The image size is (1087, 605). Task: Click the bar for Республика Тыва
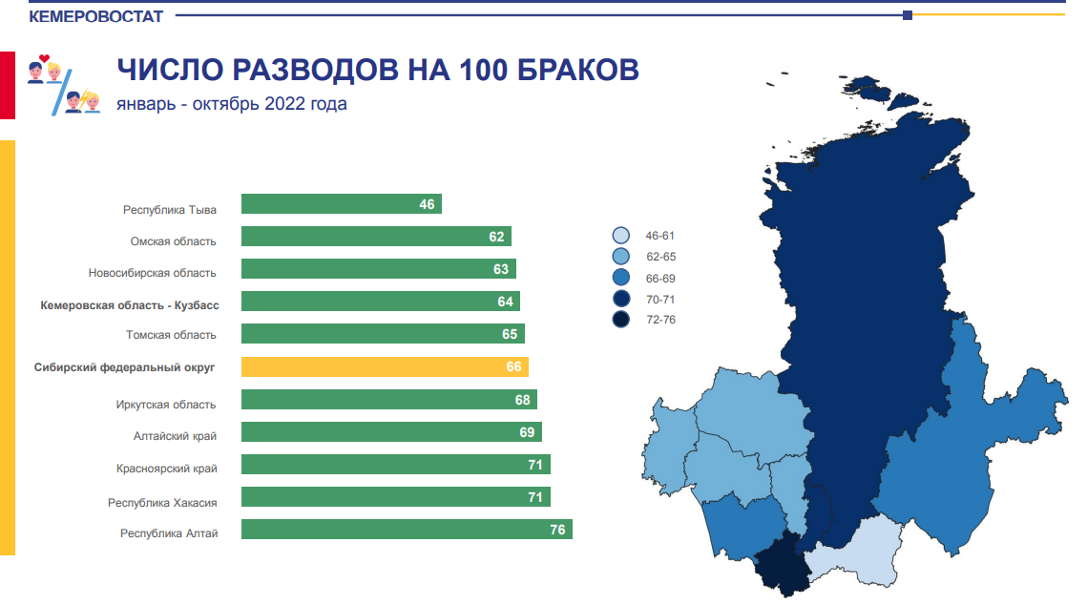point(341,204)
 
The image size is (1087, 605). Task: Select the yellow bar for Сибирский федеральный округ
point(385,366)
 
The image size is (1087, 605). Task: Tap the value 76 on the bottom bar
point(557,530)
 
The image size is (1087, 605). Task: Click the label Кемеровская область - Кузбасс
point(130,305)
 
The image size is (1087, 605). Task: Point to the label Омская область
point(174,241)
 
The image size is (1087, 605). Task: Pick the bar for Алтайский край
point(391,431)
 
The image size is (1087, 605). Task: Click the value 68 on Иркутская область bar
point(522,400)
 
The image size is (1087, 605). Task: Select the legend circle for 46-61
point(621,235)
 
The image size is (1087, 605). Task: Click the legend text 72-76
point(660,320)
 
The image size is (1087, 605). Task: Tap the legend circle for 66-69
point(621,277)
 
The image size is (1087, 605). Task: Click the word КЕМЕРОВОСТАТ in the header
point(95,16)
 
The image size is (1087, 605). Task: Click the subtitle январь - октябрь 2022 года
point(232,104)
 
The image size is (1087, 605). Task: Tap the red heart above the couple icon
point(44,58)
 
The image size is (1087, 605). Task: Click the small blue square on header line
point(908,15)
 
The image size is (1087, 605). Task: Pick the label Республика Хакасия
point(162,503)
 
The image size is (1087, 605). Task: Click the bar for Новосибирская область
point(379,268)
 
